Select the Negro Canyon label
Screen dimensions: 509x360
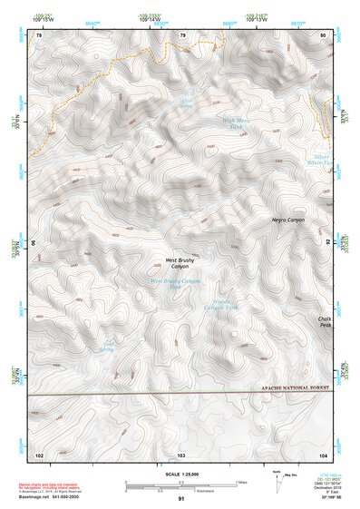(x=288, y=220)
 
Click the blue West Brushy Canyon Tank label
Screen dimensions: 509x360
(x=174, y=283)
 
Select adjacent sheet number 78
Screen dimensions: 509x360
(x=39, y=35)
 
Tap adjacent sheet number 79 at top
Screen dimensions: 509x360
(x=182, y=35)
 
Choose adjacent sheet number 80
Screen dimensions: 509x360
(x=323, y=35)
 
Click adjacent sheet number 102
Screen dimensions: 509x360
(x=39, y=453)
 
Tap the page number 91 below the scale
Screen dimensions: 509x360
(x=181, y=499)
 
